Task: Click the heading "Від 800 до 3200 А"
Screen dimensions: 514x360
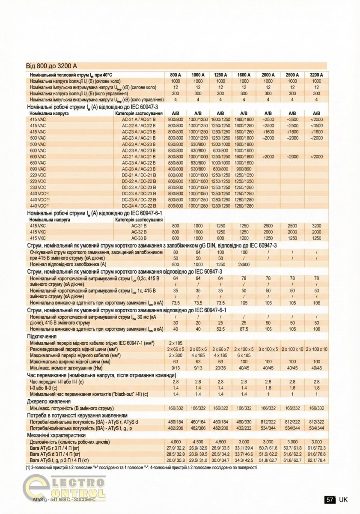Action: [52, 66]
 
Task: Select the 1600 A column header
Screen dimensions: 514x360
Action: [244, 75]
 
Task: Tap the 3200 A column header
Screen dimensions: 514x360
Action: [316, 75]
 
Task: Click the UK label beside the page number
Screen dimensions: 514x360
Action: [343, 499]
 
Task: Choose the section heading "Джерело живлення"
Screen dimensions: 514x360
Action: [49, 401]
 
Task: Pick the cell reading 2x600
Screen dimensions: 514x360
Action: [244, 264]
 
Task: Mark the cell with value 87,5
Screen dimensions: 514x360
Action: [244, 329]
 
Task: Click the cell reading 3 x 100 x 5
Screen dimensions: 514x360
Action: [268, 349]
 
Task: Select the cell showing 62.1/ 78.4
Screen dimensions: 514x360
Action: [316, 460]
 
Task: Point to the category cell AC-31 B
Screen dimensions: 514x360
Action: [139, 225]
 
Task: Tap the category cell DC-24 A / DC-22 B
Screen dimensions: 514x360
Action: [139, 206]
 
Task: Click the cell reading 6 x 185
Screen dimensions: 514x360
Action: [244, 355]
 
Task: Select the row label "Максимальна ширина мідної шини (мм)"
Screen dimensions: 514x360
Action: [71, 362]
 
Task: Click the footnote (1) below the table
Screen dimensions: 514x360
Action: [141, 468]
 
